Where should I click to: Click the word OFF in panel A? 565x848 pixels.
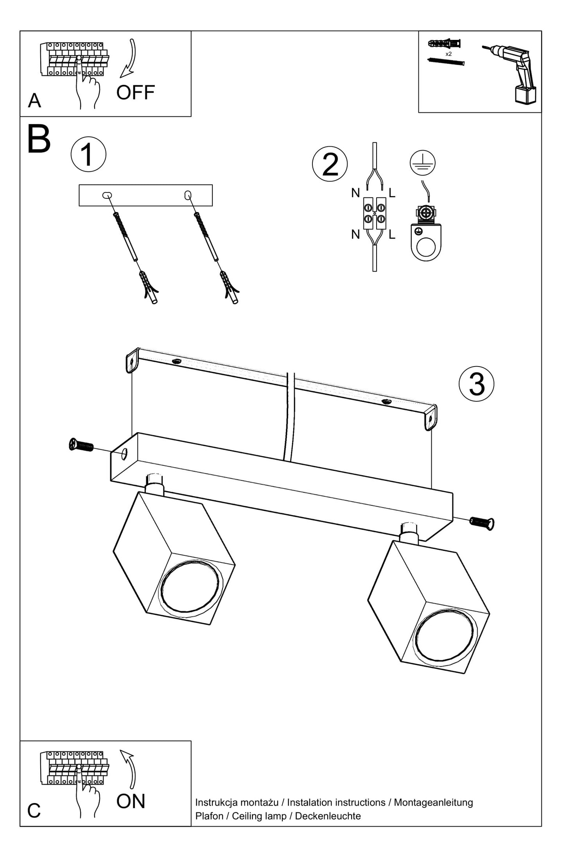[135, 93]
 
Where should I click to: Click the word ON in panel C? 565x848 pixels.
[131, 801]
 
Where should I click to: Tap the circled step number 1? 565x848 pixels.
[88, 155]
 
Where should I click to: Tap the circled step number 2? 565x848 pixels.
[330, 164]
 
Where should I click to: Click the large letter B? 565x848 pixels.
[39, 140]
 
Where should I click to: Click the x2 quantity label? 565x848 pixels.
[448, 54]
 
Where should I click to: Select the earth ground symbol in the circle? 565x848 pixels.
[423, 163]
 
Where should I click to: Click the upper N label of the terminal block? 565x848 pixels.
[355, 193]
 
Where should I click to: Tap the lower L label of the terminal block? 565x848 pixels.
[392, 235]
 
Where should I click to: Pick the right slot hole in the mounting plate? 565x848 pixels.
[188, 195]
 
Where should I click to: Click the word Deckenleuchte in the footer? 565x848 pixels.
[328, 816]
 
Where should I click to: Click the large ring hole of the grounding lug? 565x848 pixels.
[426, 248]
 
